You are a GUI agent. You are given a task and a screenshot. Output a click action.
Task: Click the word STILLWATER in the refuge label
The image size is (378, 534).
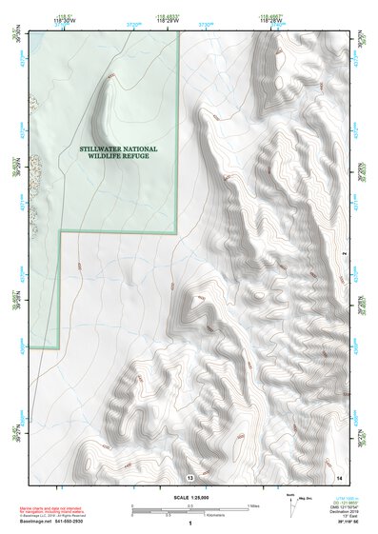(105, 148)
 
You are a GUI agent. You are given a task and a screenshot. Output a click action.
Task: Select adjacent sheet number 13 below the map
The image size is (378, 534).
(190, 475)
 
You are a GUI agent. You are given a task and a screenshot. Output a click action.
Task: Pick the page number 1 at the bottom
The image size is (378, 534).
(190, 524)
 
